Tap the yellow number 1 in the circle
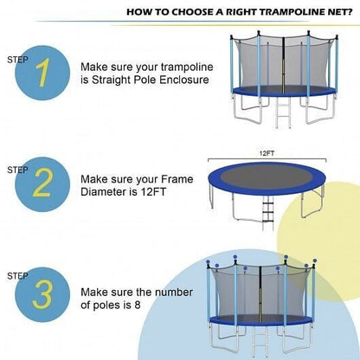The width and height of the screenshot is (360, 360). (x=43, y=73)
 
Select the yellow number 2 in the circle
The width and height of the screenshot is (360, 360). (x=42, y=183)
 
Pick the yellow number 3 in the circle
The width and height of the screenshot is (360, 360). (x=42, y=294)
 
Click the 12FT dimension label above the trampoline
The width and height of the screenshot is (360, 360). (x=267, y=153)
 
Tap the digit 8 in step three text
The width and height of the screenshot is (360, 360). (x=137, y=305)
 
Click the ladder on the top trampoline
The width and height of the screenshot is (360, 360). (x=283, y=112)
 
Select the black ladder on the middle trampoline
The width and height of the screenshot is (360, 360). (x=267, y=214)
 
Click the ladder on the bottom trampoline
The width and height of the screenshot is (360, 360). (x=260, y=341)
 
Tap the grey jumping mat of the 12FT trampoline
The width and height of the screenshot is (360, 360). (x=267, y=177)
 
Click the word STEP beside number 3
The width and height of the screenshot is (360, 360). (x=17, y=276)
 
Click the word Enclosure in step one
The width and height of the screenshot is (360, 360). (x=183, y=80)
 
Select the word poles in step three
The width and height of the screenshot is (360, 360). (x=106, y=305)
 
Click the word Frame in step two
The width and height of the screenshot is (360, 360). (x=177, y=179)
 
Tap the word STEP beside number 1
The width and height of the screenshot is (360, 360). (x=17, y=60)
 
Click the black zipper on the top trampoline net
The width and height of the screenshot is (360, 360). (x=283, y=66)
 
